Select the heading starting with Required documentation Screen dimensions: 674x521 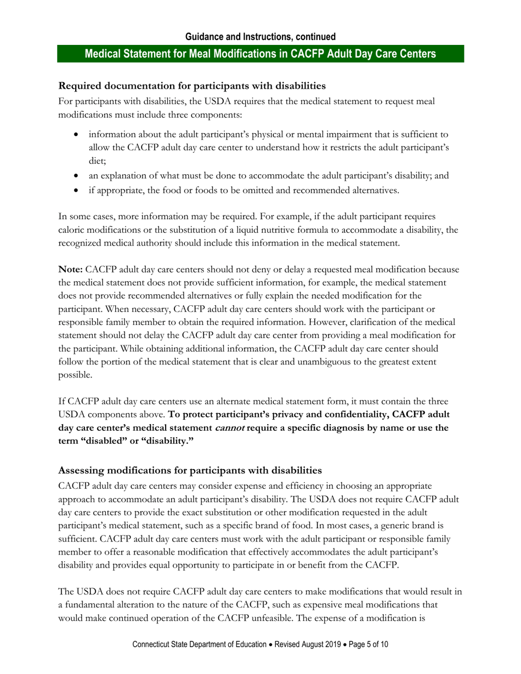coord(192,86)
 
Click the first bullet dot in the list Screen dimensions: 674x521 coord(76,134)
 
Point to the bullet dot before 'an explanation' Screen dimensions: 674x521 coord(76,176)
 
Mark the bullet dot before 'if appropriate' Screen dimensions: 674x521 coord(76,191)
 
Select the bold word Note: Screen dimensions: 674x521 coord(71,270)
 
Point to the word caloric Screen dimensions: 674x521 coord(72,230)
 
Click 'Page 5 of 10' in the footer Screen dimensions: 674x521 coord(368,645)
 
